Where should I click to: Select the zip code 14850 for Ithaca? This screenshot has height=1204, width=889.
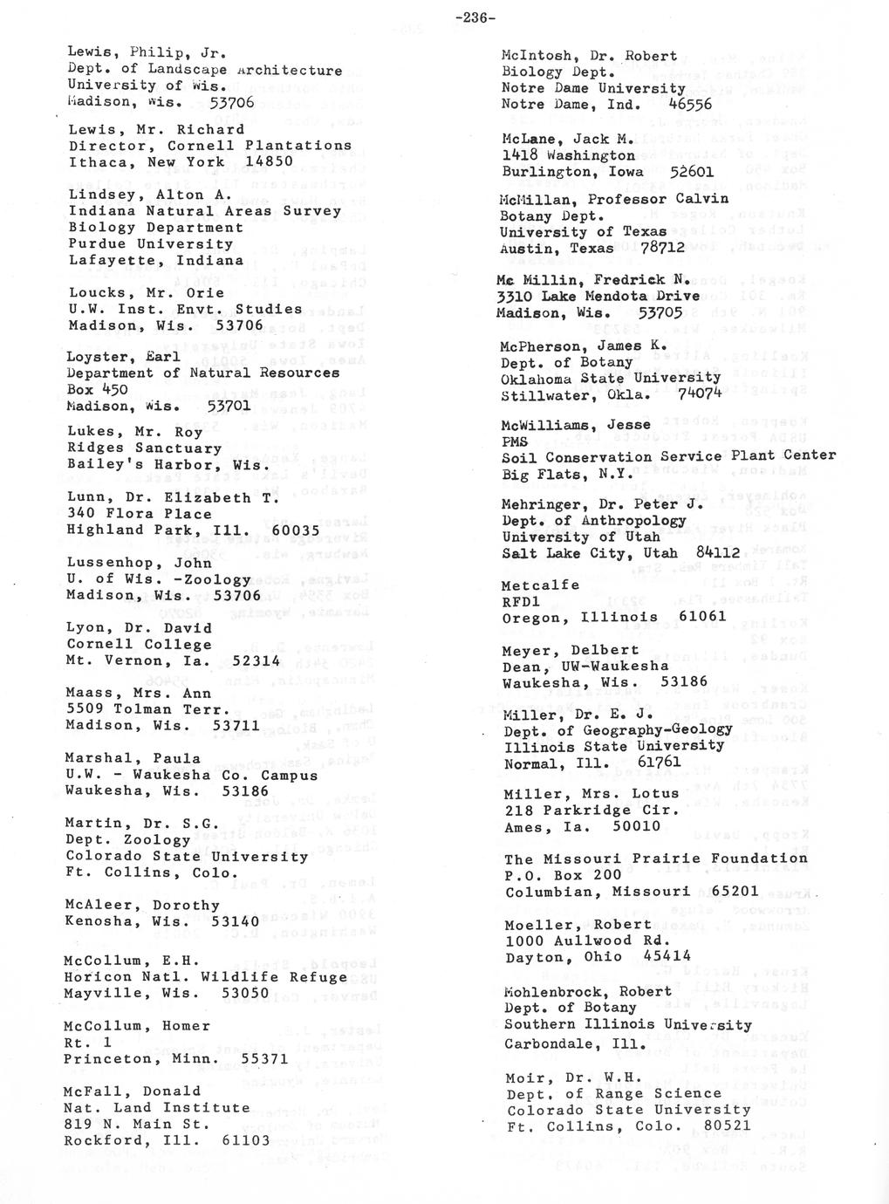(269, 162)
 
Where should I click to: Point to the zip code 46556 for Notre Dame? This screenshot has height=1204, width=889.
(690, 105)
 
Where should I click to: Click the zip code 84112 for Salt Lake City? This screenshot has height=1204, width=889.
(718, 553)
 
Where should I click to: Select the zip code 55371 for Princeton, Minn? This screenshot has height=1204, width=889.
(264, 1058)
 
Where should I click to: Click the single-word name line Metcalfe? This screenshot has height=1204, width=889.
(540, 585)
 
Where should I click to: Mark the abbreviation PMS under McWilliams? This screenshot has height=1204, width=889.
(516, 441)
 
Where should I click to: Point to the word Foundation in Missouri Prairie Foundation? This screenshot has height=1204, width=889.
(759, 859)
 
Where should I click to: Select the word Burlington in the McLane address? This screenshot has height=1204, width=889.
(540, 172)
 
